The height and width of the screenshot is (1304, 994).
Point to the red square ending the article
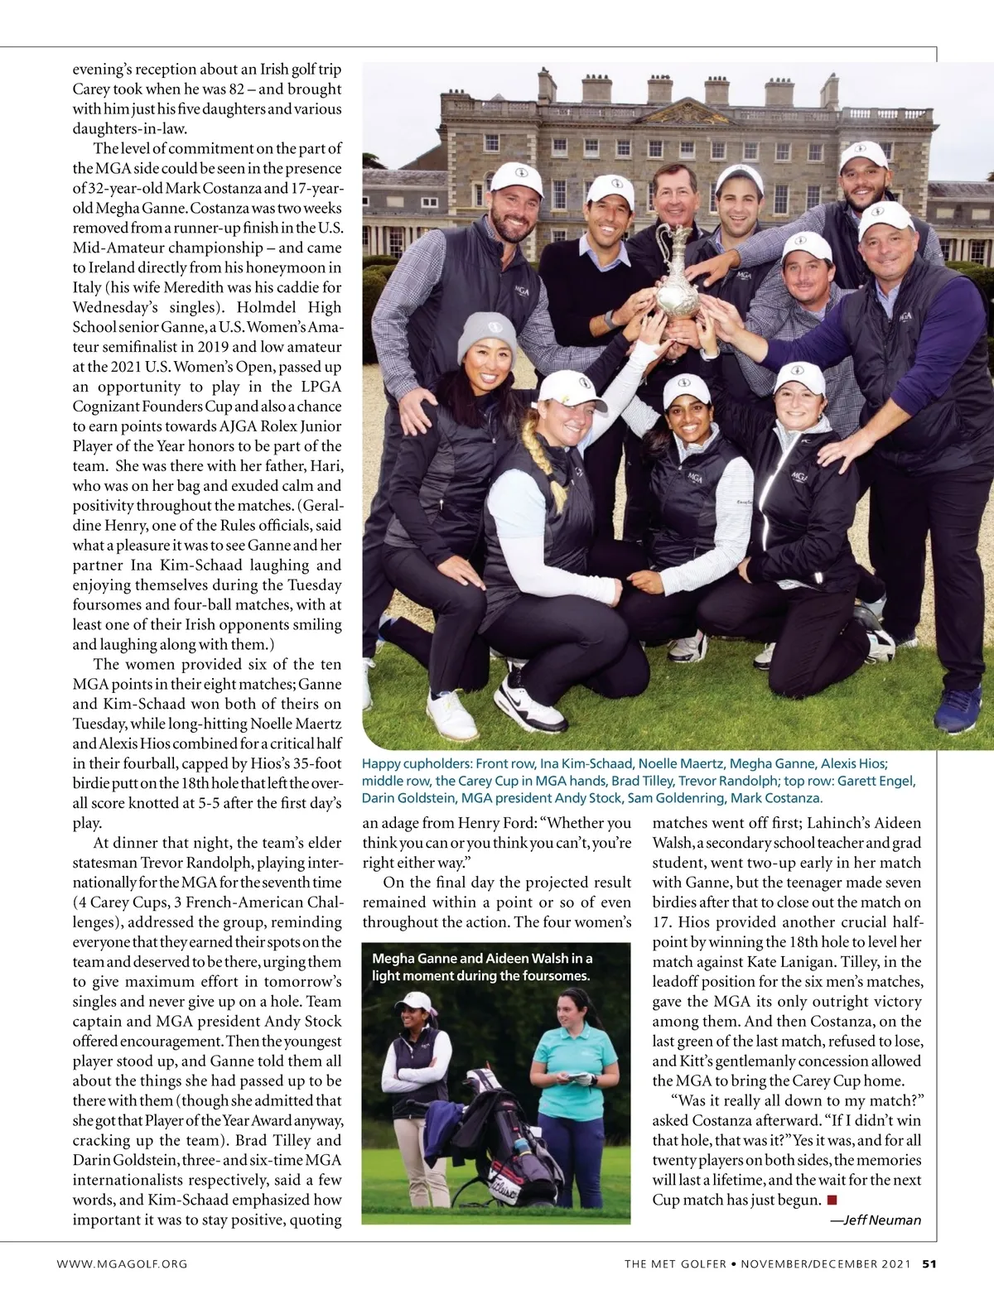(832, 1200)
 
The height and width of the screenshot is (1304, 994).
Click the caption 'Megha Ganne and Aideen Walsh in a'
(482, 958)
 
